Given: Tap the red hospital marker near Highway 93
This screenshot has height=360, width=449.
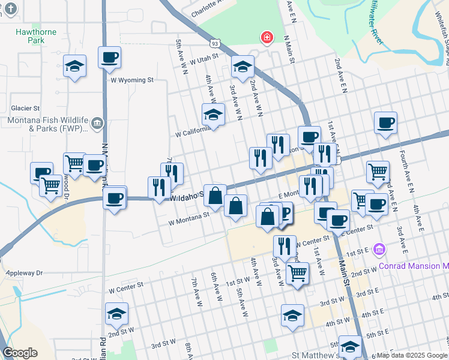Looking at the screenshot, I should (x=265, y=38).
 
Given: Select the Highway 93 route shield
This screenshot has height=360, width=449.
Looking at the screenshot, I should (x=215, y=43).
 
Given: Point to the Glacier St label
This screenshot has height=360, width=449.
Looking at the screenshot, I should (x=25, y=109).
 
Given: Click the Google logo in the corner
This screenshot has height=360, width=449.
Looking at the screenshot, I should (x=20, y=353).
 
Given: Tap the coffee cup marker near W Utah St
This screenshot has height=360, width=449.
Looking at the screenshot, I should (x=109, y=58).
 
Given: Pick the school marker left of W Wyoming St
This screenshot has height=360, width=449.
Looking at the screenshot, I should (x=74, y=67).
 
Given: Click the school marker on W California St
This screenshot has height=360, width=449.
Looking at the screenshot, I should (x=213, y=114).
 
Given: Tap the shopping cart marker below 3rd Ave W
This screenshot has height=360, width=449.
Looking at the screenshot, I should (x=297, y=273).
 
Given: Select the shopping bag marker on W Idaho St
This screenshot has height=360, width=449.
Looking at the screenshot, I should (x=215, y=195).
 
